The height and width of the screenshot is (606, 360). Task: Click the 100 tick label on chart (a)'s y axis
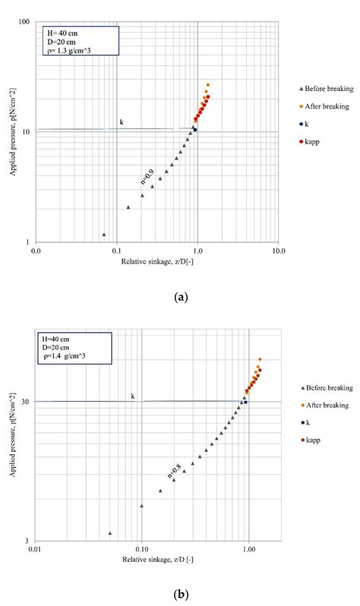24,21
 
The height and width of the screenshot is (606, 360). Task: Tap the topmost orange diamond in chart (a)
208,85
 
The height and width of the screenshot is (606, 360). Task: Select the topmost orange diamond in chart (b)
260,359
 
